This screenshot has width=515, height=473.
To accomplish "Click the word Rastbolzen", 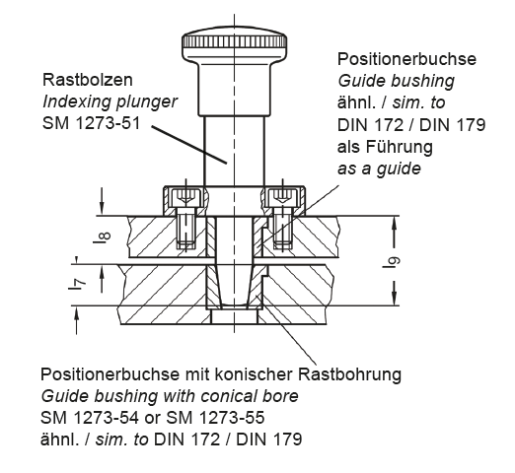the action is [88, 80].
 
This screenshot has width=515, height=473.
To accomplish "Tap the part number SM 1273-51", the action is [91, 123].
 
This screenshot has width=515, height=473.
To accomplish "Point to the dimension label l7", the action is [77, 283].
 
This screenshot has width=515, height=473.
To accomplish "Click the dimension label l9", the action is [392, 261].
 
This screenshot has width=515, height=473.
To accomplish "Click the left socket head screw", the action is [186, 219].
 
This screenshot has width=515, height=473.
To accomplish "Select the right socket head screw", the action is [282, 219].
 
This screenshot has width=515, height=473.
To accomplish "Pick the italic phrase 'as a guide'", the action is [379, 169].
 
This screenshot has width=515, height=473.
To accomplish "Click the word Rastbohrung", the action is [350, 374].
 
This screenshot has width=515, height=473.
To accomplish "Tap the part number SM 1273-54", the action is [90, 418].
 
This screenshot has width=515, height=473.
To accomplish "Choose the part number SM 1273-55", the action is [216, 418].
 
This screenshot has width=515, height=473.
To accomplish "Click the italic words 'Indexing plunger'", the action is [110, 101].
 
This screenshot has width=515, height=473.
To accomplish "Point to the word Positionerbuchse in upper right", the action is [406, 59].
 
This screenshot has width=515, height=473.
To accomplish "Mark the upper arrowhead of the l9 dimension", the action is [395, 224].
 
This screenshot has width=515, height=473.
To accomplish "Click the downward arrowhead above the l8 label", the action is [103, 208].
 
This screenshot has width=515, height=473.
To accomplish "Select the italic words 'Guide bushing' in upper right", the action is [397, 81].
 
